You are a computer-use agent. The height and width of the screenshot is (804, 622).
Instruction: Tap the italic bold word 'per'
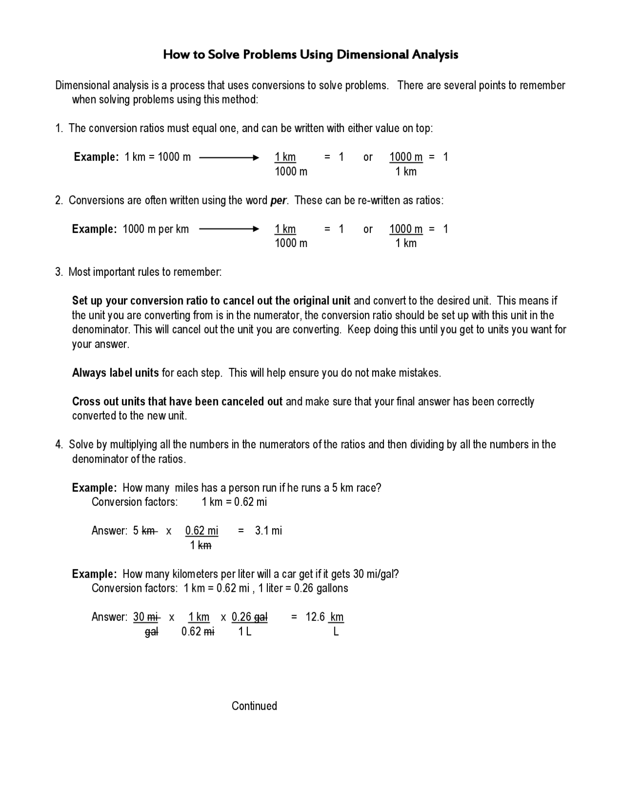pyautogui.click(x=278, y=201)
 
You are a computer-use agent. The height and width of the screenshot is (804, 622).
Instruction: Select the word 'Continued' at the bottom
pyautogui.click(x=254, y=706)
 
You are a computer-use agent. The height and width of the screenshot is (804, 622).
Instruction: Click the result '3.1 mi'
pyautogui.click(x=268, y=531)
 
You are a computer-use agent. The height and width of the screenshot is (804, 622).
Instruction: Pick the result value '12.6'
pyautogui.click(x=315, y=617)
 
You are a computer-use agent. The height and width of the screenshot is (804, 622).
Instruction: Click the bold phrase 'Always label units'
pyautogui.click(x=115, y=373)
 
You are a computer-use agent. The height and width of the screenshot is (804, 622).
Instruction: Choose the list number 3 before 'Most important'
pyautogui.click(x=58, y=272)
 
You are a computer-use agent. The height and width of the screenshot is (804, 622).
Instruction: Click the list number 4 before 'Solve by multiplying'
pyautogui.click(x=58, y=445)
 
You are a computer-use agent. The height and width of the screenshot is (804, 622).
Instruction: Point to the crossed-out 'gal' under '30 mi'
pyautogui.click(x=151, y=632)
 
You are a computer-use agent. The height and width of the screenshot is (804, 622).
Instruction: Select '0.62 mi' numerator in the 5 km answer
pyautogui.click(x=202, y=531)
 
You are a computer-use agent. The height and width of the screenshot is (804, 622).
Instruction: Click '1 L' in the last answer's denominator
pyautogui.click(x=245, y=632)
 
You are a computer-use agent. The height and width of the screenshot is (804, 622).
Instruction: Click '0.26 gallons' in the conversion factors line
pyautogui.click(x=321, y=588)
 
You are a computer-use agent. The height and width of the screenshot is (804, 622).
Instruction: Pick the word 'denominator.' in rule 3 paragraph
pyautogui.click(x=101, y=330)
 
